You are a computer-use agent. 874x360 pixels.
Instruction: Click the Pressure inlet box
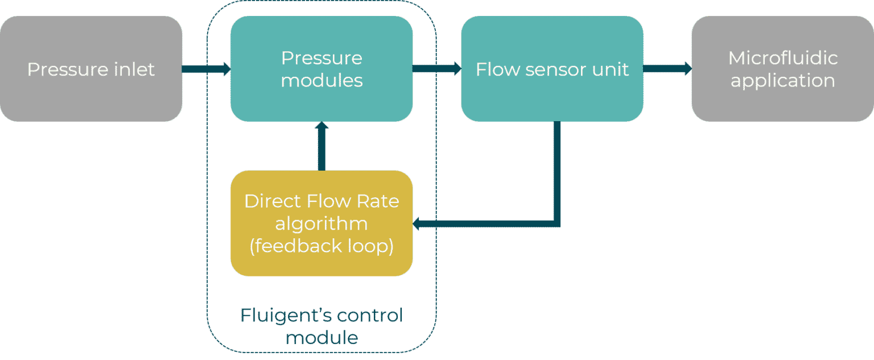91,69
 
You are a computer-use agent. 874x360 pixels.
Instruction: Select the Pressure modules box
321,69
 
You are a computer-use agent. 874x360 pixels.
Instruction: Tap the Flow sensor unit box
552,69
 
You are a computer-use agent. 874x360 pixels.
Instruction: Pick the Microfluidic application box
783,69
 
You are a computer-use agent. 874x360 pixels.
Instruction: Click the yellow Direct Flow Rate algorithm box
321,224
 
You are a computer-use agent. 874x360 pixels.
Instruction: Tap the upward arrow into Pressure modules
321,146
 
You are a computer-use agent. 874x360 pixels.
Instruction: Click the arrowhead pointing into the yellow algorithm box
417,224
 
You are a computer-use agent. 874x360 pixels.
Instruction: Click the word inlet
133,69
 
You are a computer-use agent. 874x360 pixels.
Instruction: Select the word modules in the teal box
322,81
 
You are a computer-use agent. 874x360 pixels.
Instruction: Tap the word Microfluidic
783,58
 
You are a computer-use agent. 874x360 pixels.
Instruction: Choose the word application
783,81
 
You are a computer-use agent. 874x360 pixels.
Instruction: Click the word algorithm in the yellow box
321,224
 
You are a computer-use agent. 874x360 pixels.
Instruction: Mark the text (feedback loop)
321,246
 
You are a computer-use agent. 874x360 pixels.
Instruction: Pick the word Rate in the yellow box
379,201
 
